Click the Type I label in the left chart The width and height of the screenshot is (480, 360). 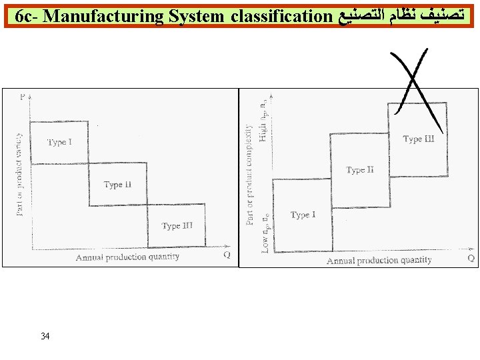[59, 142]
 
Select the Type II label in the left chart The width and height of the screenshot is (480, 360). [117, 185]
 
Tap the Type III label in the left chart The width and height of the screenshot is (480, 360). [177, 226]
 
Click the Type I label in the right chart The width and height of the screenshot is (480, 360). [303, 215]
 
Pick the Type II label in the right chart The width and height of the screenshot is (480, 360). [360, 170]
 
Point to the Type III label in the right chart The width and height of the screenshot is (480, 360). [418, 139]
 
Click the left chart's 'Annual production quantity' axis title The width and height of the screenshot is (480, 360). [127, 257]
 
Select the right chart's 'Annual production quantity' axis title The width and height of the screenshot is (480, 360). [379, 260]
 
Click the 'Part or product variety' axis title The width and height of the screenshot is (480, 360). [19, 175]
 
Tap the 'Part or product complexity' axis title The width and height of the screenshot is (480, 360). [250, 173]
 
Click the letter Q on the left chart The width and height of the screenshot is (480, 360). [227, 254]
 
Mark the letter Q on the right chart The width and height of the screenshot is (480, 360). [471, 258]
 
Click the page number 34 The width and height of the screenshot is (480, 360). [45, 336]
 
